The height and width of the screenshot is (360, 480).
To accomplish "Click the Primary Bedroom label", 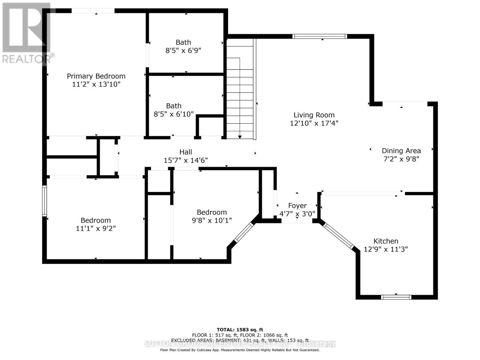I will coord(96,76).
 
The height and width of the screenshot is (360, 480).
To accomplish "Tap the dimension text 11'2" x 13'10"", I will coord(96,84).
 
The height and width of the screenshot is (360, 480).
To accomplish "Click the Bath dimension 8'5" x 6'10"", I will coord(174,114).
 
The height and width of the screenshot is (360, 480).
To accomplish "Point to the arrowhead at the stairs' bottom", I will coord(240,137).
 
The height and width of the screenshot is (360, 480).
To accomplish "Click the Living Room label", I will coord(314,115).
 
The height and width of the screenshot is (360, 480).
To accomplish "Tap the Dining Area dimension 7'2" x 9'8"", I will coord(401,159).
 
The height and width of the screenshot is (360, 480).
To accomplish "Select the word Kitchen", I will coord(386,241).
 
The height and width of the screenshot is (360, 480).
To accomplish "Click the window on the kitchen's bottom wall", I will coord(396,297).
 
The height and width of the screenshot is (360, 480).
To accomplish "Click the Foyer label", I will coord(297,206).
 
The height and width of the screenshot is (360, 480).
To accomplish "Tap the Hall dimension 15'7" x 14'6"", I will coord(186,160).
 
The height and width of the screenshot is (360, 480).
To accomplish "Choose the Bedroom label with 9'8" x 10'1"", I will coord(212,212).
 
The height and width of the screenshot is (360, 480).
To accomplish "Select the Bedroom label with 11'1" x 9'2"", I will coord(96,220).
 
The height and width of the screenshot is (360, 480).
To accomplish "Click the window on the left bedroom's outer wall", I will coord(44,201).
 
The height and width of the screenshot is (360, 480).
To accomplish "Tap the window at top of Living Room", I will coord(320,36).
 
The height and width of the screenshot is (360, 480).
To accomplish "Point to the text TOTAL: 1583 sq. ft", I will coord(240,330).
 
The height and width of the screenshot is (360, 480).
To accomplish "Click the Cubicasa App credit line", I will coord(240,350).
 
